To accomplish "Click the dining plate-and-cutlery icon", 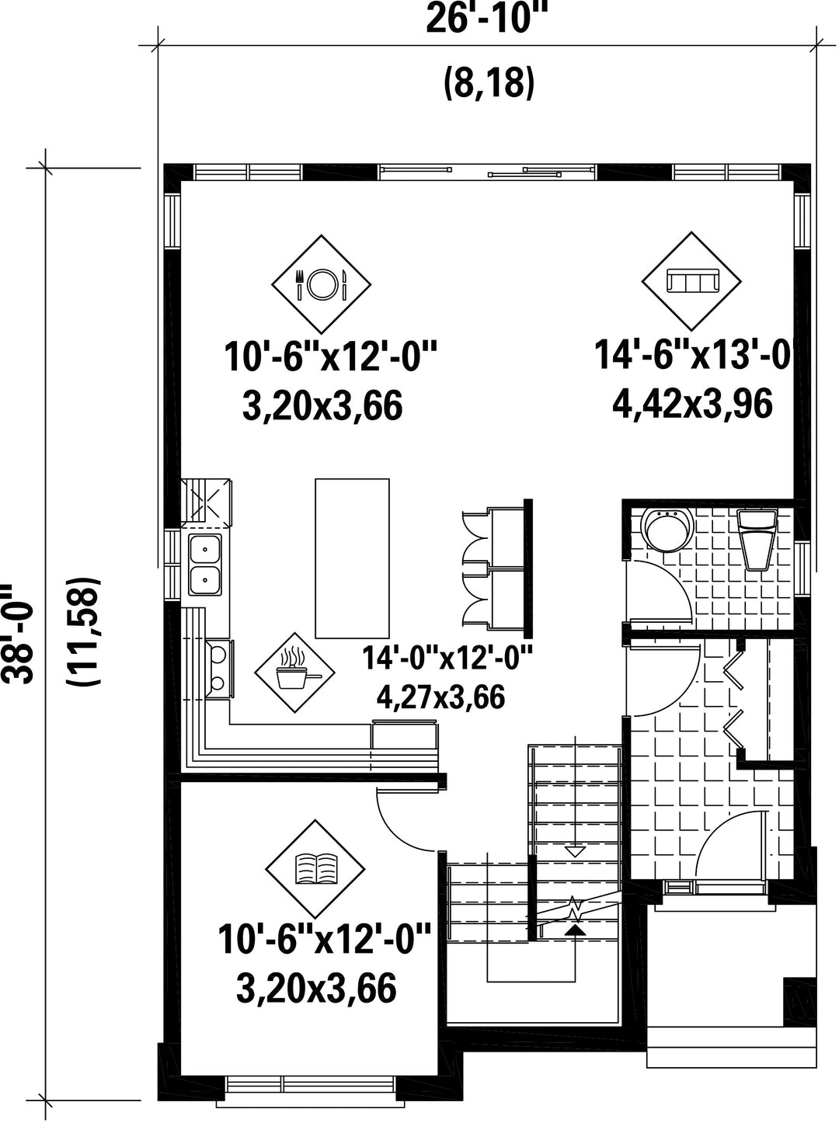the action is click(322, 284).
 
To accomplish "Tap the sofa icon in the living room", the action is click(691, 281).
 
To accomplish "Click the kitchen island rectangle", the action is click(352, 558).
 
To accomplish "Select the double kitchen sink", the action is click(205, 565).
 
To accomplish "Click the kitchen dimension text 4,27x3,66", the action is click(440, 697).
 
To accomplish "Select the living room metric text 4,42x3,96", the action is click(692, 404).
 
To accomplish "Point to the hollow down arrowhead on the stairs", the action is click(576, 851).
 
